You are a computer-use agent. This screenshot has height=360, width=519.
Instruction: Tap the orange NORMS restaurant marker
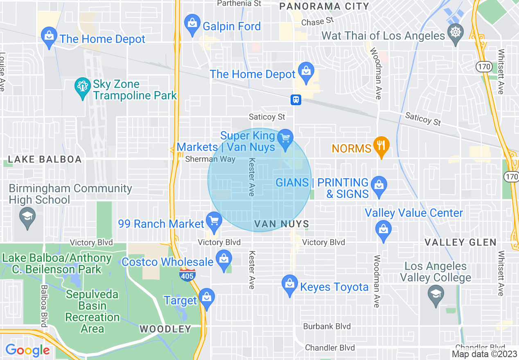point(381,145)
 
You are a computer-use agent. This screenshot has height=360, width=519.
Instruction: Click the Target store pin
point(207,298)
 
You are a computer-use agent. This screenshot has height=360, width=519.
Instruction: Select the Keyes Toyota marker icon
point(290,284)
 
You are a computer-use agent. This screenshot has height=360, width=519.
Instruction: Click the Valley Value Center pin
point(384,229)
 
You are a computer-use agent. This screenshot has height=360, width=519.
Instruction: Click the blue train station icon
point(296,99)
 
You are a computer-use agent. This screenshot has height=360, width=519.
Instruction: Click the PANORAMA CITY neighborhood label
point(324,6)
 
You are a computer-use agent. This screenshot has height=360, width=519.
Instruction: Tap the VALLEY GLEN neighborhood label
point(460,242)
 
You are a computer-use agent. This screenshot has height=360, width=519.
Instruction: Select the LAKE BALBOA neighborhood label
point(45,160)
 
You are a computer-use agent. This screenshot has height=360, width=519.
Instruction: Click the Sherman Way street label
point(210,159)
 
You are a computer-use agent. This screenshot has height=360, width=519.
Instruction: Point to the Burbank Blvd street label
point(327,326)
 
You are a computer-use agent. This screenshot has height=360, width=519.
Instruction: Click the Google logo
point(28,350)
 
